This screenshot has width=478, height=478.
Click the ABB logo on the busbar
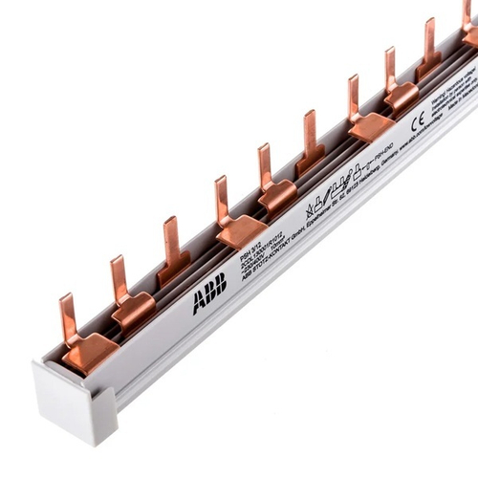pyautogui.click(x=209, y=293)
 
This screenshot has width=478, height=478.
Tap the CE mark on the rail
pyautogui.click(x=417, y=121)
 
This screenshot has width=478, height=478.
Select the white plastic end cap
pyautogui.click(x=75, y=402)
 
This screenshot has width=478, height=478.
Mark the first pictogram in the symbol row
pyautogui.click(x=310, y=209)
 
